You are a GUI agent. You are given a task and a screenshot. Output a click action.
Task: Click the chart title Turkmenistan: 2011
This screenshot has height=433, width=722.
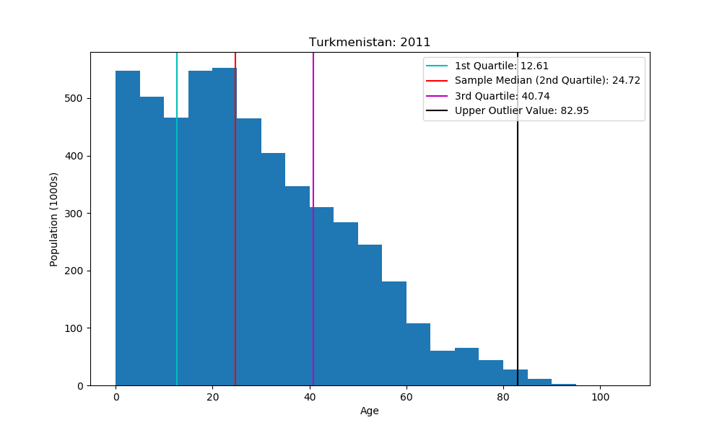click(370, 42)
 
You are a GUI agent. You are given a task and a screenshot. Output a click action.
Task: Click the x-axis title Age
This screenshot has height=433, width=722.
click(370, 411)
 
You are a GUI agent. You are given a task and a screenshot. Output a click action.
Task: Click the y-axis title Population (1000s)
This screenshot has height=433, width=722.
click(54, 219)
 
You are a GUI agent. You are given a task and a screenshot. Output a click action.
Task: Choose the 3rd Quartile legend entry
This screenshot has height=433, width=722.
click(497, 96)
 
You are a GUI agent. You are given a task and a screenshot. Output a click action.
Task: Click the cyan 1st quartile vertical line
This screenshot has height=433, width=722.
click(177, 216)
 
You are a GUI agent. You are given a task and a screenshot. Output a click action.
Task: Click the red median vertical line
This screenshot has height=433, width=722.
click(235, 216)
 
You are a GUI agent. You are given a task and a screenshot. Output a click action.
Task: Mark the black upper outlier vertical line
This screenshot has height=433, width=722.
click(518, 216)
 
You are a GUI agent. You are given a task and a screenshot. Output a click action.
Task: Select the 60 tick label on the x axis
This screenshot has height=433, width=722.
click(406, 397)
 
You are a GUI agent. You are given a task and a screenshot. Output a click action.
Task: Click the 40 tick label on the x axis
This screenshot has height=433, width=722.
click(309, 397)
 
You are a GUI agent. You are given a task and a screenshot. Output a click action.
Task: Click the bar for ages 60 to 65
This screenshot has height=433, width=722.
click(418, 354)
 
